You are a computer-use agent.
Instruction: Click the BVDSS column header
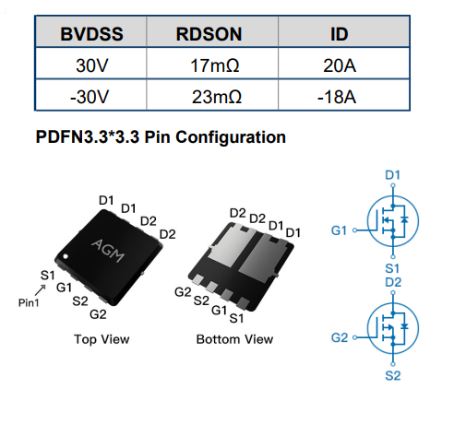point(91,34)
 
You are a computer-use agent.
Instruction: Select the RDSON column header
point(209,34)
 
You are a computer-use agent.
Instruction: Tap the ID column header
point(340,34)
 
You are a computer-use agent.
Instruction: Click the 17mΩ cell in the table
point(215,65)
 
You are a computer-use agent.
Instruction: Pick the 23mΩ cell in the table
point(217,97)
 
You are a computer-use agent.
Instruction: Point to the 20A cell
point(340,65)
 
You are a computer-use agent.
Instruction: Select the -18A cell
point(337,97)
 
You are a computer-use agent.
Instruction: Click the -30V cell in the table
point(90,97)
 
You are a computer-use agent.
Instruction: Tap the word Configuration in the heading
point(231,137)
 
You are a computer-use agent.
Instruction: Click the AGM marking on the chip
point(108,250)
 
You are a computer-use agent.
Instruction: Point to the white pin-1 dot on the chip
point(66,256)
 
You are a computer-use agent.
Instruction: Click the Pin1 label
point(29,303)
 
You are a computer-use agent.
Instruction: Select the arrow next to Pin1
point(41,290)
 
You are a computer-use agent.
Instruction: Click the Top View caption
point(102,339)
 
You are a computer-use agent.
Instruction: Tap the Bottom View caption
point(234,339)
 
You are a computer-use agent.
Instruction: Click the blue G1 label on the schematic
point(339,230)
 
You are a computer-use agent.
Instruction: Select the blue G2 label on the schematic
point(340,337)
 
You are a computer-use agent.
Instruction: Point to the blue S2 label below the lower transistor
point(393,376)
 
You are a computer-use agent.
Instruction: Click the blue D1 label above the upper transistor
point(392,175)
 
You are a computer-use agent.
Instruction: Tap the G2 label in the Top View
point(98,314)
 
